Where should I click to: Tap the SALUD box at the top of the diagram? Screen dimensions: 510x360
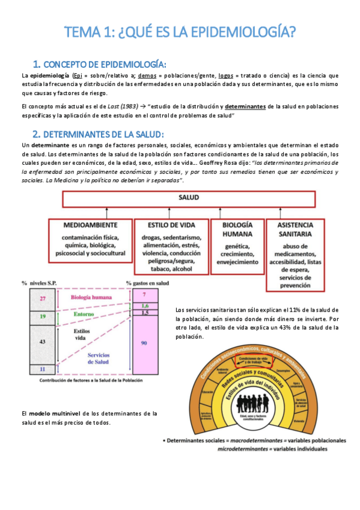[x=189, y=197]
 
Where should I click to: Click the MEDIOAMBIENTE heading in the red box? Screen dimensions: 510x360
[x=98, y=224]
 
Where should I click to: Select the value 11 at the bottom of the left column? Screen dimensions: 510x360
[x=42, y=368]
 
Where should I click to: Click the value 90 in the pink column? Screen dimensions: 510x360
[x=144, y=342]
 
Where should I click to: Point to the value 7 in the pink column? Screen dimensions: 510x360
[x=144, y=295]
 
